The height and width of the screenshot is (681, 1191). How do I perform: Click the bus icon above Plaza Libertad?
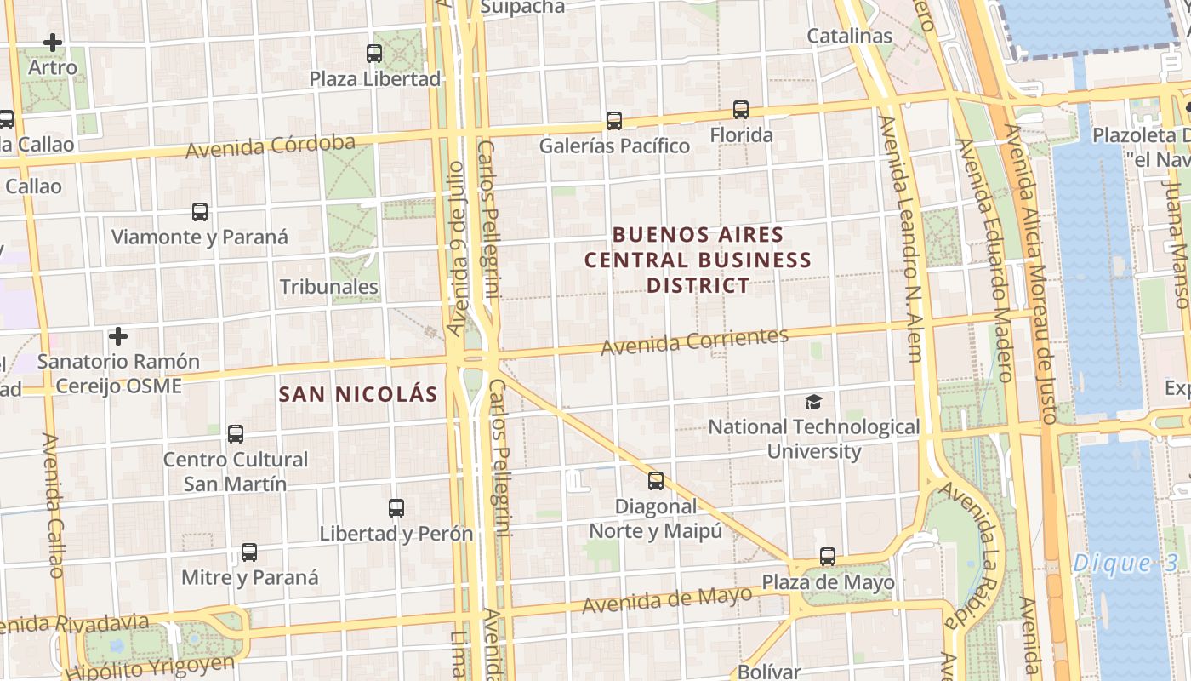(x=374, y=54)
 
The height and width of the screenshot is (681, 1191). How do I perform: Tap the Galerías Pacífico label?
(x=614, y=146)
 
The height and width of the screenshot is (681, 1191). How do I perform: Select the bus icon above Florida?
(x=741, y=110)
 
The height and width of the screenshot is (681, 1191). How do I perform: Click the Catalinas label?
(x=849, y=36)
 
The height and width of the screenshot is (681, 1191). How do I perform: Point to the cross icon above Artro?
(x=53, y=42)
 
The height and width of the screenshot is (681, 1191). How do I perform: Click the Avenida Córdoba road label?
(x=271, y=146)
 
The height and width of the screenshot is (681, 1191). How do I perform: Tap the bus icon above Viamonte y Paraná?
(x=200, y=212)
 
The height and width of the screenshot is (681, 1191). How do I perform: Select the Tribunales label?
(x=329, y=286)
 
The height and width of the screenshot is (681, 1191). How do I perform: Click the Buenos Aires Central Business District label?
(x=698, y=260)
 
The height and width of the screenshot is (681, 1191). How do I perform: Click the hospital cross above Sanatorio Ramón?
(x=118, y=337)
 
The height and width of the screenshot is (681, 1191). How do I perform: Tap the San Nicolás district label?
(x=358, y=394)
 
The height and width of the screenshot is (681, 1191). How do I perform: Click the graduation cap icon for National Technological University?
(x=814, y=402)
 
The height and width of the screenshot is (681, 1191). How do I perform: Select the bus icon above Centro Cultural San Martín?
(x=236, y=434)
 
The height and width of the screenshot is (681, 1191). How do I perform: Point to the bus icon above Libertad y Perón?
(x=396, y=508)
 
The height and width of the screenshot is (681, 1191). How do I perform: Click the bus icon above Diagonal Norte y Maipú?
(x=656, y=481)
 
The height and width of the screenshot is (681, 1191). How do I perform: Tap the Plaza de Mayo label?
(x=828, y=582)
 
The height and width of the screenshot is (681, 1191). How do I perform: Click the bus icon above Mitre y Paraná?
(x=249, y=552)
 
